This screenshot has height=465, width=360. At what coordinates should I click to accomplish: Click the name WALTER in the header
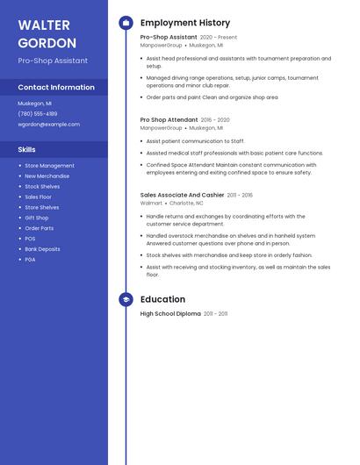[44, 24]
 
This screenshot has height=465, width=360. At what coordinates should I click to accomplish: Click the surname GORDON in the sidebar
[47, 43]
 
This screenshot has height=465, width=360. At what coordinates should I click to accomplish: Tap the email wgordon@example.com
[48, 125]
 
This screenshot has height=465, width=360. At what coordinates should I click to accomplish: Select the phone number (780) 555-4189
[38, 114]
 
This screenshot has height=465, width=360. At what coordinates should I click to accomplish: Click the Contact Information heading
[56, 88]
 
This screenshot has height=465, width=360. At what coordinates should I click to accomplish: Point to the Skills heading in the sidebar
[27, 150]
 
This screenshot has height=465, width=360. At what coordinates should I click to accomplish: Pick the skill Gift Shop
[37, 218]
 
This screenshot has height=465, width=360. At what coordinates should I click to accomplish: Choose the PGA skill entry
[30, 260]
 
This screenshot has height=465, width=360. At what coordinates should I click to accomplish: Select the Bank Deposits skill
[42, 249]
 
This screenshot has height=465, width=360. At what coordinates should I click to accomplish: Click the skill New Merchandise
[47, 176]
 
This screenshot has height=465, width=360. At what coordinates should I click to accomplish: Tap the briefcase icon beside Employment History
[126, 23]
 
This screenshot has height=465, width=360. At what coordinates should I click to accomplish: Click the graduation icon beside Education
[126, 299]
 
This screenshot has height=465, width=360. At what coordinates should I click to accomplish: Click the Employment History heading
[185, 23]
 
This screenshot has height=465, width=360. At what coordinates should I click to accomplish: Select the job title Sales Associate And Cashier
[182, 195]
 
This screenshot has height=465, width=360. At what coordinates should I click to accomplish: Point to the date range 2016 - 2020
[215, 120]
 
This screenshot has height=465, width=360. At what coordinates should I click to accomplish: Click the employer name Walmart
[151, 203]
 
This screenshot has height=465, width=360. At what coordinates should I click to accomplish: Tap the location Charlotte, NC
[186, 203]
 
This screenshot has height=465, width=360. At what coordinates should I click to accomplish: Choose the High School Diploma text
[170, 313]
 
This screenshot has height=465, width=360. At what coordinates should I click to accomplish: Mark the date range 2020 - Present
[219, 38]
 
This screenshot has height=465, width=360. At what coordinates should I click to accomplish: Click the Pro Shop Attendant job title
[169, 120]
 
